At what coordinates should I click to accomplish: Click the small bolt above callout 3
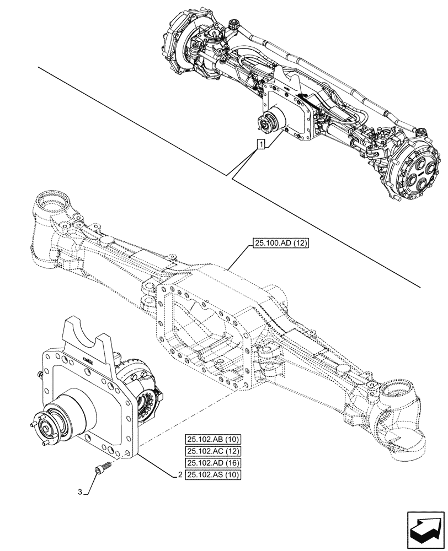pyautogui.click(x=102, y=468)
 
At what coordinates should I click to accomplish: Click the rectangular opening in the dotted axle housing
pyautogui.click(x=201, y=325)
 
